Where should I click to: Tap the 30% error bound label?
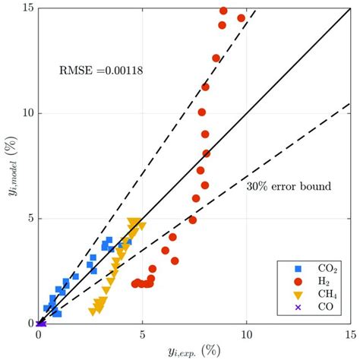point(288,185)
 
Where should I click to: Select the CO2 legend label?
point(328,268)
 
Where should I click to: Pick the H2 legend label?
point(326,281)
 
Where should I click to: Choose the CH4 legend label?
point(328,294)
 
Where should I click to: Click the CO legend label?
point(326,307)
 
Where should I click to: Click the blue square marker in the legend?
point(298,268)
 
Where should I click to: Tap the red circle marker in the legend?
point(298,281)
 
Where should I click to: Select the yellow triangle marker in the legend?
point(298,294)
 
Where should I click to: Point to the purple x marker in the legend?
point(298,307)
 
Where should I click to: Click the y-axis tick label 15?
point(27,8)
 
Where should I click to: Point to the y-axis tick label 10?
point(27,113)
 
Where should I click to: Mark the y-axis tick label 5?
point(30,218)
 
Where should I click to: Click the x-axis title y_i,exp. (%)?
point(194,350)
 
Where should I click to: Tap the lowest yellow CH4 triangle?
point(93,311)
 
